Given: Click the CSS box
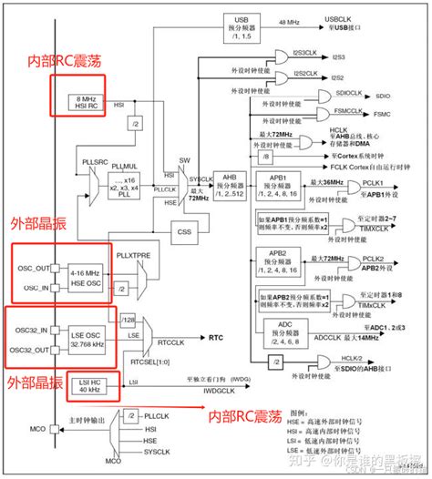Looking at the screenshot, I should [211, 231].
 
